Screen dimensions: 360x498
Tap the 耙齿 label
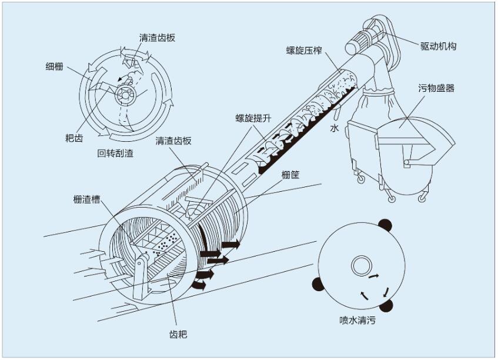coord(74,138)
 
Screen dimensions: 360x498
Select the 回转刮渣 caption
coord(115,154)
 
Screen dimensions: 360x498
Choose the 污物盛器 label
coord(436,88)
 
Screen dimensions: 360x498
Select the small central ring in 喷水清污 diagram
coord(360,266)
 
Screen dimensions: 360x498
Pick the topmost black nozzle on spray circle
coord(385,224)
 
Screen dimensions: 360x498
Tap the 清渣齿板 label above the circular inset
coord(157,37)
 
